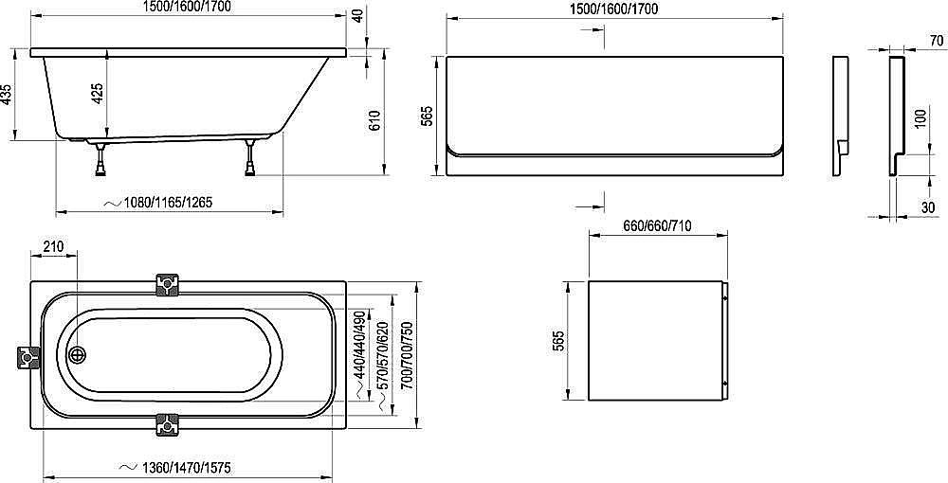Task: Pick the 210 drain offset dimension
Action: click(54, 248)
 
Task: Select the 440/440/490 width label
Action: click(358, 345)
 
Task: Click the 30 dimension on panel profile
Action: click(927, 206)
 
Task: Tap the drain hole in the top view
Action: click(79, 356)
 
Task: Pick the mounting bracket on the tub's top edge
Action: click(168, 285)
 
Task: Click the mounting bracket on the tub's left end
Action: click(27, 357)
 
